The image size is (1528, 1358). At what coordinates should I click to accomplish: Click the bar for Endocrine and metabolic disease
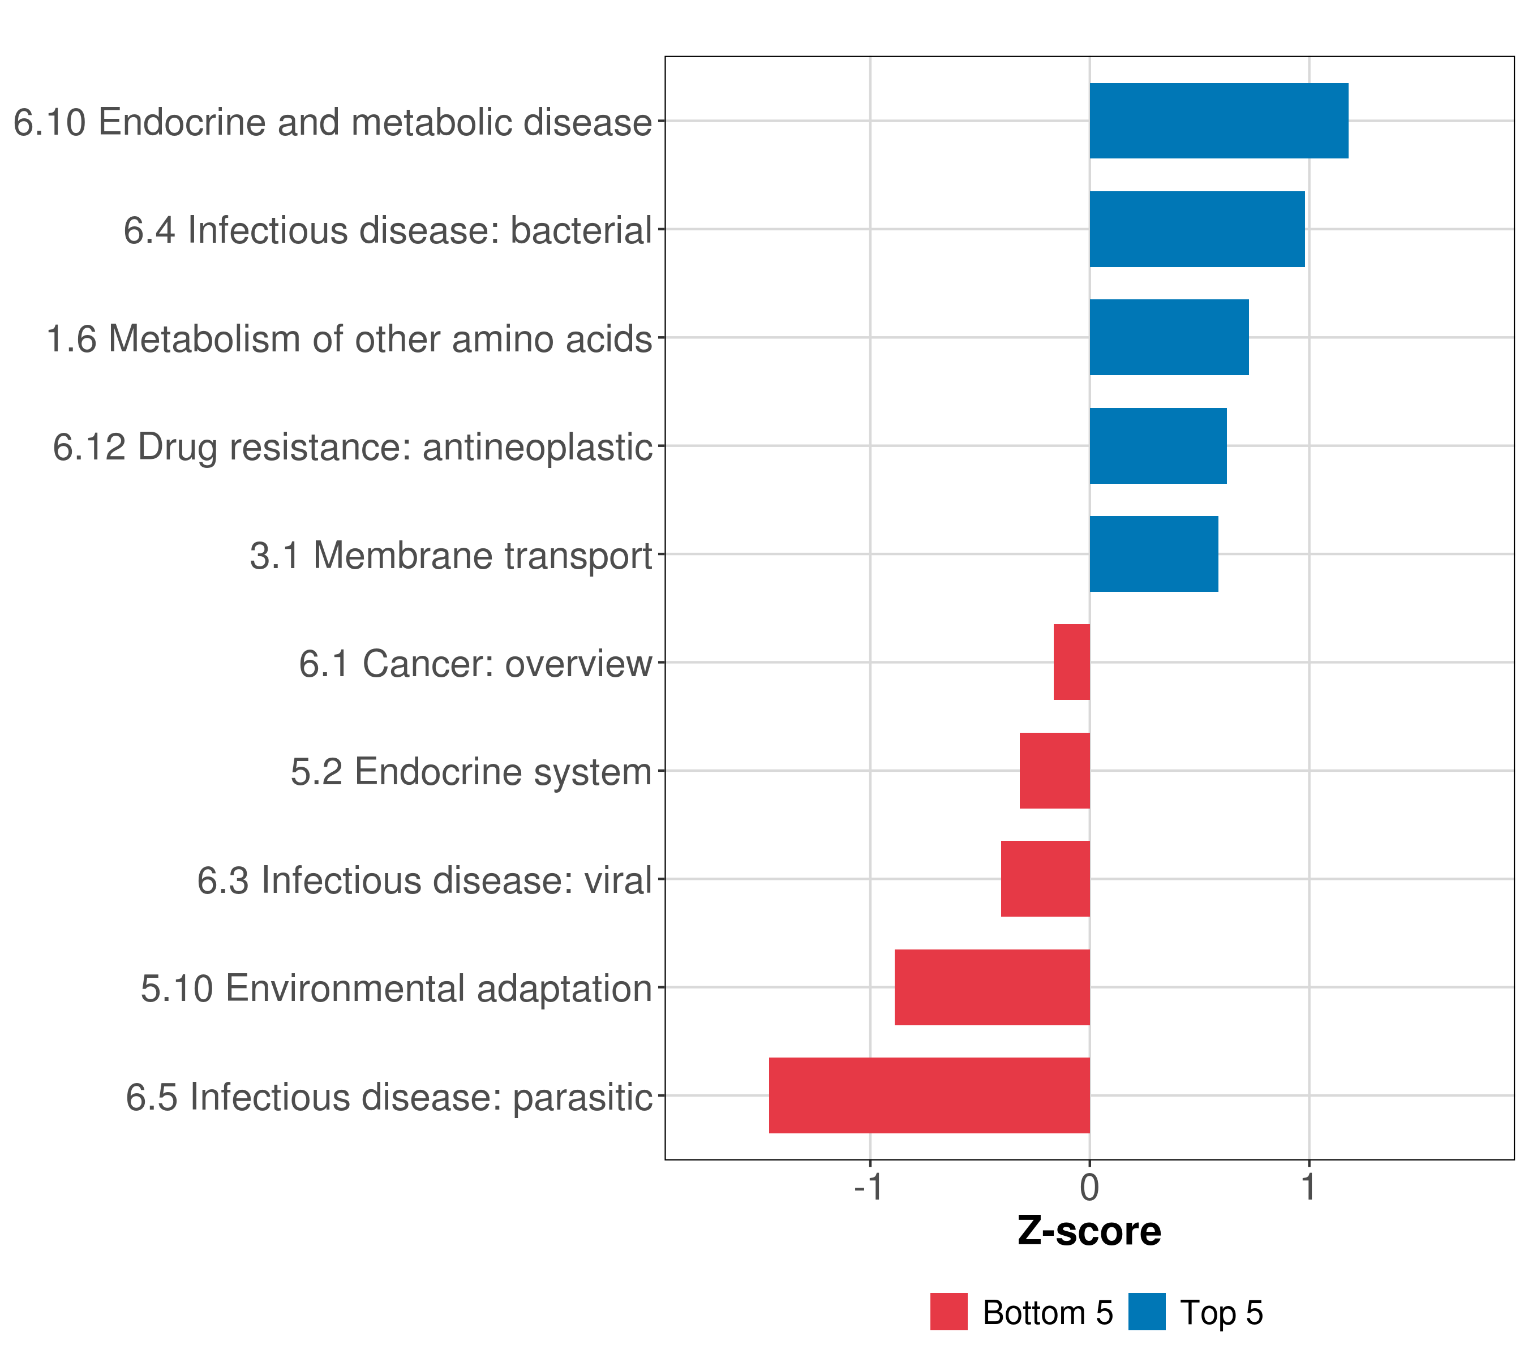click(1218, 121)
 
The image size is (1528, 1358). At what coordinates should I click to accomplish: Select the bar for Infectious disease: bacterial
click(1197, 230)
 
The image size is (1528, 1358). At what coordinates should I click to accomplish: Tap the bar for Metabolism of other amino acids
click(1169, 338)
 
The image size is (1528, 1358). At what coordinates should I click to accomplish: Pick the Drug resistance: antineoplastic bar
click(1158, 446)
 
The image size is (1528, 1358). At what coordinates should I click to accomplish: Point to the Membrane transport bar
click(1153, 554)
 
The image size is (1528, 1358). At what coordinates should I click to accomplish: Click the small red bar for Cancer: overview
click(1071, 662)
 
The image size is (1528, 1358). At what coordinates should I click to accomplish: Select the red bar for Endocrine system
click(1054, 771)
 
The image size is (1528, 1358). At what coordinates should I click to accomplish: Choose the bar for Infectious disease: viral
click(1045, 879)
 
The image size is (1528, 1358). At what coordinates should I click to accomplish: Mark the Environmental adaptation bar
click(992, 987)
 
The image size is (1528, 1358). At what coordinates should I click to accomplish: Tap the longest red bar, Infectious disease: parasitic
click(929, 1095)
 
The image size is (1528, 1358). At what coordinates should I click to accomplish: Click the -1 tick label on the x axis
click(869, 1187)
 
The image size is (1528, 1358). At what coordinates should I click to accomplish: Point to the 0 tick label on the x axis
click(1089, 1187)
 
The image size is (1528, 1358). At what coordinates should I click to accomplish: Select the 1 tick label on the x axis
click(1308, 1187)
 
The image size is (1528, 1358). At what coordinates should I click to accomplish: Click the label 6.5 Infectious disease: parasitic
click(389, 1097)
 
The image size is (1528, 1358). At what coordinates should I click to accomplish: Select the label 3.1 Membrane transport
click(451, 556)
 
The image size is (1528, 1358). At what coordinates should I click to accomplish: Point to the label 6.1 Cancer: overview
click(475, 664)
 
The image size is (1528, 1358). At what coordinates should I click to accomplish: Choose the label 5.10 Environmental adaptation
click(396, 989)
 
